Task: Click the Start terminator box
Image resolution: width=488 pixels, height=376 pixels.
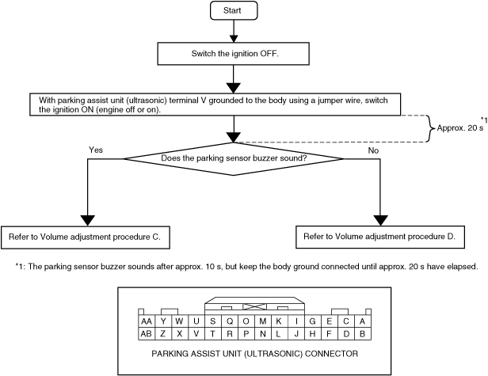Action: (234, 10)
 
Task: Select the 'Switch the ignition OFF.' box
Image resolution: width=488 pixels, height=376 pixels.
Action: (233, 54)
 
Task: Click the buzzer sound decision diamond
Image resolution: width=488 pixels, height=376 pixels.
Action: (234, 158)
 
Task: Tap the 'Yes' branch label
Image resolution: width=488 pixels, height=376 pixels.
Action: (96, 150)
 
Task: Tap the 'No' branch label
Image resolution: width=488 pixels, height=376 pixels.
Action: (373, 150)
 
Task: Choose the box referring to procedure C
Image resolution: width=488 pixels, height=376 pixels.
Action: (86, 237)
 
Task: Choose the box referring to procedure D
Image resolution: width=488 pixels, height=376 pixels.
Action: (380, 237)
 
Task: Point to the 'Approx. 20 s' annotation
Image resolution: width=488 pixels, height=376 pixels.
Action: (460, 127)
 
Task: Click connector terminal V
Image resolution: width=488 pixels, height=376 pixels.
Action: (196, 334)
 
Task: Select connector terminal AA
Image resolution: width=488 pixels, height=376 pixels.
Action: (147, 321)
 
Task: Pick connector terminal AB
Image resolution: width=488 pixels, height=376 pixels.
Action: (147, 334)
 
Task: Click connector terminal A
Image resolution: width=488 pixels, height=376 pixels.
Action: (362, 321)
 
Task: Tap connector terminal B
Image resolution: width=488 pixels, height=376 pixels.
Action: (362, 334)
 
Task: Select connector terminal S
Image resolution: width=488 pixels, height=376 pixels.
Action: (213, 321)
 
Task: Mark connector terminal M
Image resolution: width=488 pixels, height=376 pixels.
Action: (263, 321)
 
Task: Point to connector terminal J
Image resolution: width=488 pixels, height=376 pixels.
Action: (296, 334)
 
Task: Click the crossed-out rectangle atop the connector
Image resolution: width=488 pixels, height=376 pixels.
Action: (254, 306)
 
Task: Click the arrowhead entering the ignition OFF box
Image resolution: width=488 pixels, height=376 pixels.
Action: (234, 39)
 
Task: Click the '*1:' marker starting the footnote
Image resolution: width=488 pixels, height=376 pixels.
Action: (21, 267)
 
